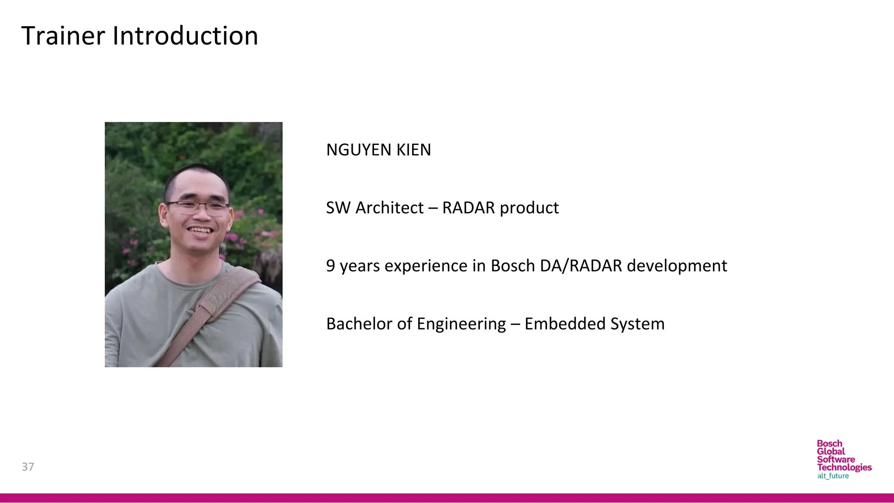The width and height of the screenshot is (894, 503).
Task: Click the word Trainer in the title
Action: click(x=63, y=36)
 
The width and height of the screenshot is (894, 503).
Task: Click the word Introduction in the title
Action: click(x=185, y=36)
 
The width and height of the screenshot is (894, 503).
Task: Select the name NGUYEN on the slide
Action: click(x=358, y=150)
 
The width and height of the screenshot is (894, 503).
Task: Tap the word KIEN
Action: click(x=413, y=150)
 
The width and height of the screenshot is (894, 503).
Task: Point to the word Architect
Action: click(x=389, y=208)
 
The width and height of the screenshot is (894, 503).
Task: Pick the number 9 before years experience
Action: click(x=330, y=266)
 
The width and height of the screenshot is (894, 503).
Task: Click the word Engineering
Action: click(x=461, y=324)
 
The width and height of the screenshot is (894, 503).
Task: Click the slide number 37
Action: click(x=28, y=467)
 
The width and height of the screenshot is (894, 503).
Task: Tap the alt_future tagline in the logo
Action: click(x=833, y=476)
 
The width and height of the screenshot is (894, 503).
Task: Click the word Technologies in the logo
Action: click(x=844, y=467)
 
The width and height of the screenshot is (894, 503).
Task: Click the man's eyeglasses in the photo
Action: click(x=197, y=207)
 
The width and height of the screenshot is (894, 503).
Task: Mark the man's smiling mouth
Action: click(x=200, y=230)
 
